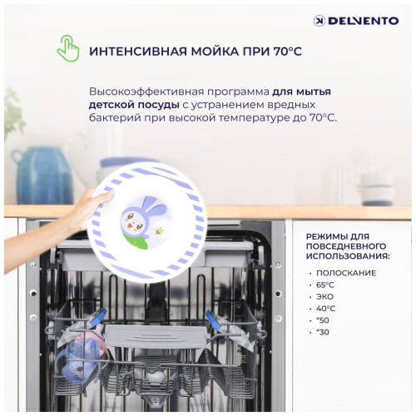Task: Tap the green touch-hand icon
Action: tap(67, 48)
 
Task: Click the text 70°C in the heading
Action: tap(284, 52)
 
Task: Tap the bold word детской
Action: tap(111, 105)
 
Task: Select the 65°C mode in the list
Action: tap(325, 285)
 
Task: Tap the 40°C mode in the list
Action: tap(325, 309)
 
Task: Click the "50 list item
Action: tap(323, 320)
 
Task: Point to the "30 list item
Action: tap(323, 333)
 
